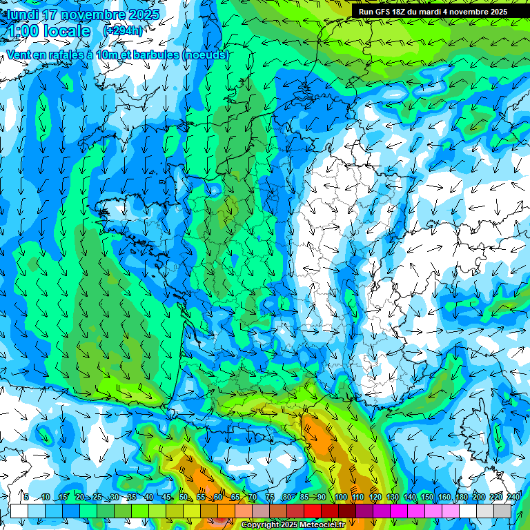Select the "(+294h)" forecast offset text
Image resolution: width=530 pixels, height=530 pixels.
123,31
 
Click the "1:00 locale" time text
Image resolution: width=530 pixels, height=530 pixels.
48,31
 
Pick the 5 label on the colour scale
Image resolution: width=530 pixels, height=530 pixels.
26,498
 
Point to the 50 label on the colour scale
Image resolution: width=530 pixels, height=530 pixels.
184,498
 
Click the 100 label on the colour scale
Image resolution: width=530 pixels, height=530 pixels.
340,498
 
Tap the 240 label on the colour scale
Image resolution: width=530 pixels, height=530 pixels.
513,498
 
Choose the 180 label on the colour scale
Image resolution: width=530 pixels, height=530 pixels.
462,498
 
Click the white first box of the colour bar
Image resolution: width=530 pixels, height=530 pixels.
19,511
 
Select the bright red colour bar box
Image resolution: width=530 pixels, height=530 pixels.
313,511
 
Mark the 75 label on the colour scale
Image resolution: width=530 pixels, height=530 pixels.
270,498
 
